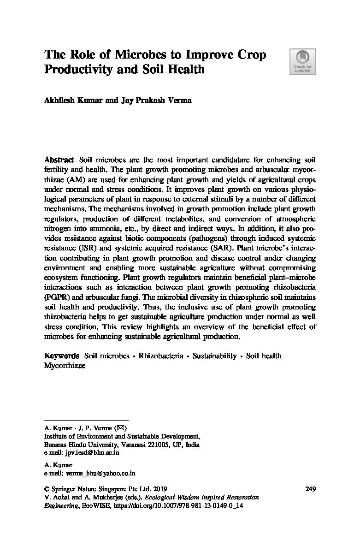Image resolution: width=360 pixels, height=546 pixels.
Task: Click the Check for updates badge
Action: pyautogui.click(x=302, y=62)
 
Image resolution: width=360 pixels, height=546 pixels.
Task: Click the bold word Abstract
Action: pyautogui.click(x=59, y=160)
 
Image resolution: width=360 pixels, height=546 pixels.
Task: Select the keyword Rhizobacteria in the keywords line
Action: pyautogui.click(x=161, y=356)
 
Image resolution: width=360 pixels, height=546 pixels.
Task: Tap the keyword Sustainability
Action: pyautogui.click(x=214, y=356)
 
